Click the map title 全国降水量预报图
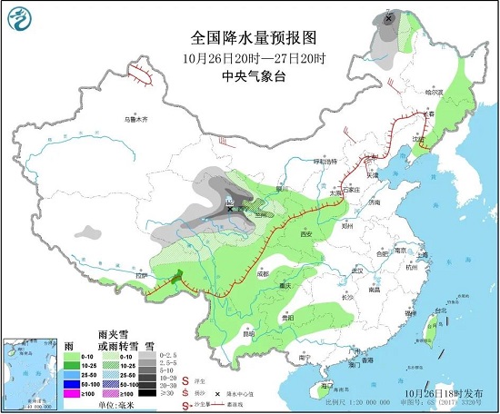(253, 38)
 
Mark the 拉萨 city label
(141, 275)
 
